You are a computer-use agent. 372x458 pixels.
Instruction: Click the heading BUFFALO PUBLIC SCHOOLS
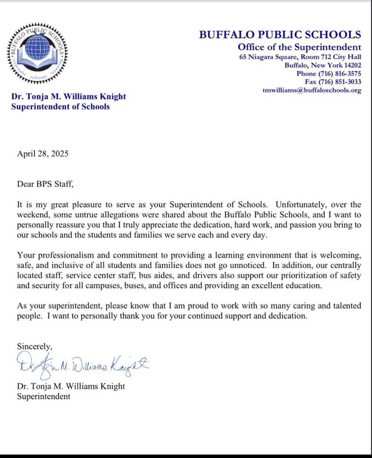[280, 35]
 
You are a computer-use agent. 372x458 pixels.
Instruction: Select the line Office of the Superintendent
[299, 47]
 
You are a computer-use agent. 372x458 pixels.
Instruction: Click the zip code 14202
[352, 65]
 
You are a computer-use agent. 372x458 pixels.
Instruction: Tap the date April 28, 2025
[43, 154]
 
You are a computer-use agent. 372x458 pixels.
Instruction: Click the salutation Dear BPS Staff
[45, 184]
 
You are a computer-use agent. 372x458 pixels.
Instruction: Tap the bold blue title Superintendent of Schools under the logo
[60, 106]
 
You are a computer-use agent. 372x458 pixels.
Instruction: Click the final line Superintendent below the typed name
[43, 397]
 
